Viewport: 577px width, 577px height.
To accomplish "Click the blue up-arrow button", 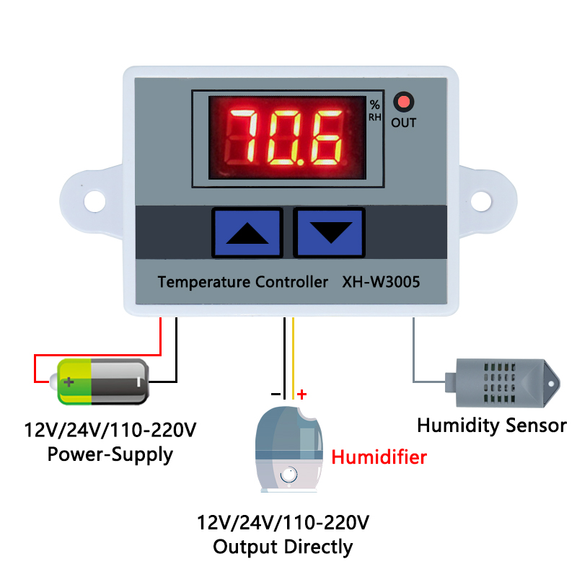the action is tap(247, 232).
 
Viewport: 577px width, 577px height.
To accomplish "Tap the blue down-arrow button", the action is tap(329, 232).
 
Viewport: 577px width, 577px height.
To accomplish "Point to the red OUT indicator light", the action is tap(403, 102).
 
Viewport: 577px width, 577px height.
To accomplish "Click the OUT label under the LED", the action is tap(403, 123).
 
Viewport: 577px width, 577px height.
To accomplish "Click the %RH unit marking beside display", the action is tap(374, 110).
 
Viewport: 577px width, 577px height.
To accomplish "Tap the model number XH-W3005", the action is tap(380, 282).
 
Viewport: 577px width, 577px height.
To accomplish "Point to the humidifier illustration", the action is tap(288, 448).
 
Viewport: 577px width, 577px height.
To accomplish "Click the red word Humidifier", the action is tap(379, 457).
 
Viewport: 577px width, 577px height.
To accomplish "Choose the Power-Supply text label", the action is tap(110, 454).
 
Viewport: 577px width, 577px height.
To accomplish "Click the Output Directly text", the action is tap(283, 547).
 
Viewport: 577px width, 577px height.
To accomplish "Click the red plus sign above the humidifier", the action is tap(302, 394).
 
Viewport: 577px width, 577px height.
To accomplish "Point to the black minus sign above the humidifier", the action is tap(276, 394).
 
